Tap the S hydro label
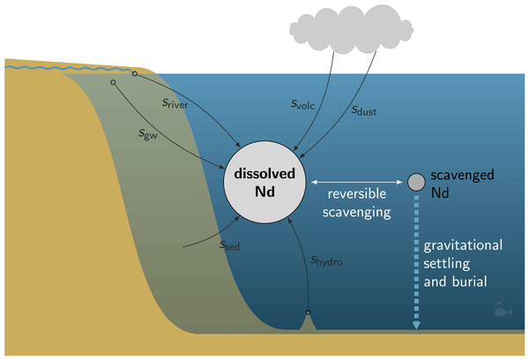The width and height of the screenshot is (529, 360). [327, 260]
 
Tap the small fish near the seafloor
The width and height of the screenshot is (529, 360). [500, 310]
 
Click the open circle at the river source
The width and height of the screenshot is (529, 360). [135, 74]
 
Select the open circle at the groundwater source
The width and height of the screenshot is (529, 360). [113, 83]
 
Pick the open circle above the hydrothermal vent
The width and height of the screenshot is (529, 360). [308, 312]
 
